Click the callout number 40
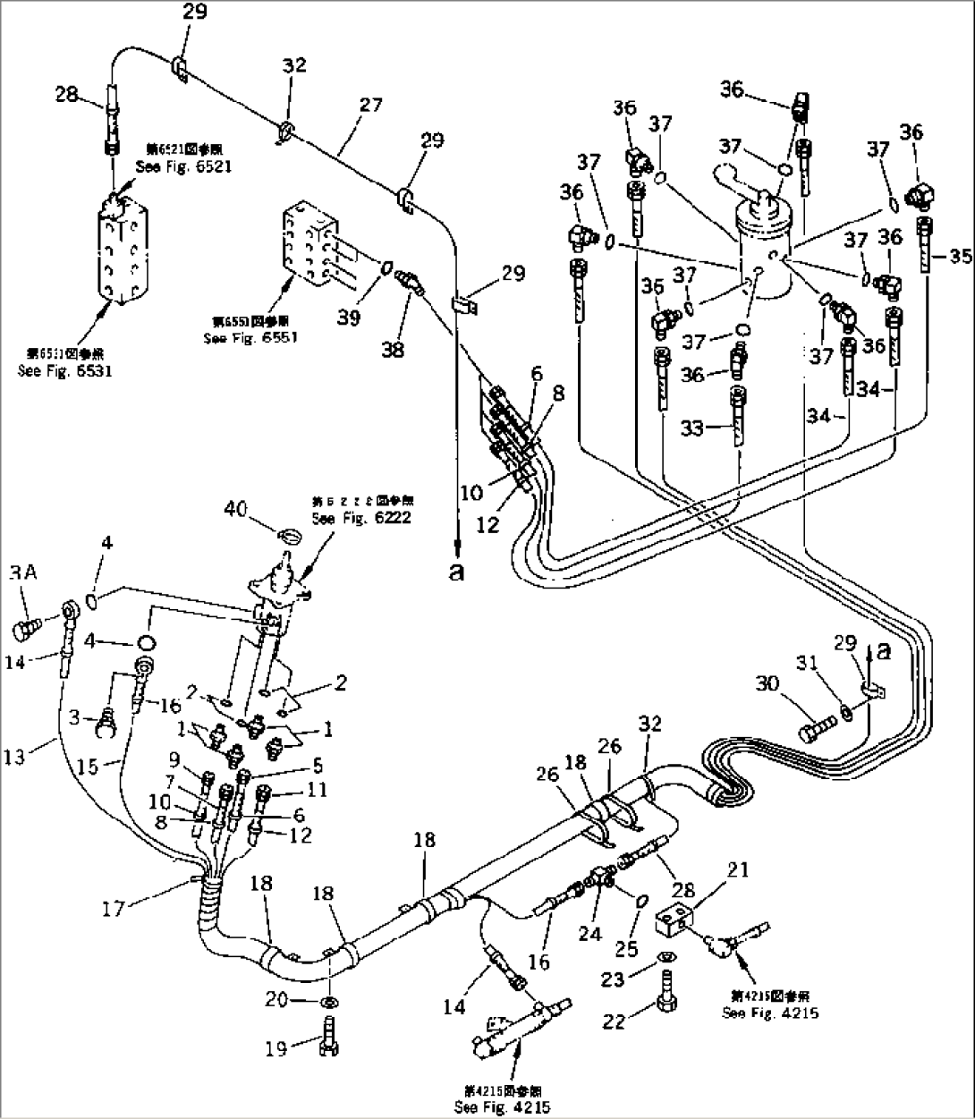(235, 509)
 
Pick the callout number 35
(960, 258)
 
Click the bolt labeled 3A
(26, 632)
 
